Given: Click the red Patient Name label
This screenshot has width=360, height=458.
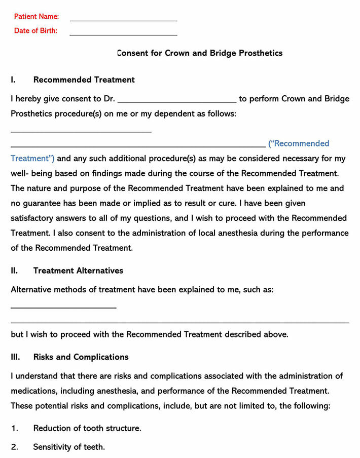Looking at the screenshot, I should click(x=36, y=16).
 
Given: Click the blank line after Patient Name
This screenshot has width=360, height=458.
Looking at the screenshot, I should click(x=123, y=20).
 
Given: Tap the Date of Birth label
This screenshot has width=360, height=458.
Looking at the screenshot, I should click(x=35, y=30).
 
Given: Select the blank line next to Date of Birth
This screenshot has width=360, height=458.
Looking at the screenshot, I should click(x=123, y=34).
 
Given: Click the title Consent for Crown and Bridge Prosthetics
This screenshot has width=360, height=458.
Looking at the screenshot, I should click(x=199, y=53).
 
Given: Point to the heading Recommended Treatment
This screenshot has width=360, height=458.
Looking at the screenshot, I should click(x=84, y=80).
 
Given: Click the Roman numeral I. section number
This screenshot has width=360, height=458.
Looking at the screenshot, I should click(x=13, y=80).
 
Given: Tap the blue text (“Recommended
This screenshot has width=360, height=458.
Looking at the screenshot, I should click(x=299, y=143).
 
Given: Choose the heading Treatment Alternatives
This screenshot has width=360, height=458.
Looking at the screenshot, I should click(x=78, y=271).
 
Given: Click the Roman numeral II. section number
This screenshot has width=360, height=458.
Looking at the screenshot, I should click(x=14, y=271).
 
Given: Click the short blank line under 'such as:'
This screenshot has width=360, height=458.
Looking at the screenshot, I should click(x=63, y=308).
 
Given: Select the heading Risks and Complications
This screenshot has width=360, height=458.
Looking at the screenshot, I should click(x=81, y=357).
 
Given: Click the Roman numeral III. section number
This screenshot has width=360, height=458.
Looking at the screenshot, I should click(x=15, y=357).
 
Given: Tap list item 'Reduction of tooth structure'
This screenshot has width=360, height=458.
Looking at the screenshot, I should click(x=87, y=428).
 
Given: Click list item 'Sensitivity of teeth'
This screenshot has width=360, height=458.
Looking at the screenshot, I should click(x=69, y=447).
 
